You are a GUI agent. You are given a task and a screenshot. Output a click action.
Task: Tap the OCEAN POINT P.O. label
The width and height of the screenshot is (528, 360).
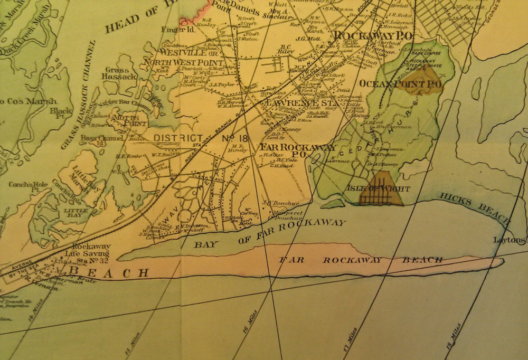click(x=400, y=83)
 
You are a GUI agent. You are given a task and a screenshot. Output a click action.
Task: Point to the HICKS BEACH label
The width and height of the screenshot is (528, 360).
click(x=477, y=206)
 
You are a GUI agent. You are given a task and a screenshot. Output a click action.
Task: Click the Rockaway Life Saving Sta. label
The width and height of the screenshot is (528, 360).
click(x=92, y=253)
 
